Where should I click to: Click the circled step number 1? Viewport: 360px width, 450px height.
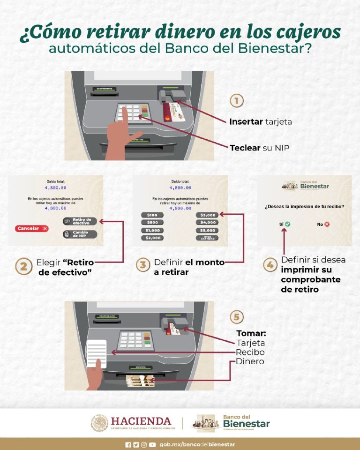237,102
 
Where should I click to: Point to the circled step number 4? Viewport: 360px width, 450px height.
270,265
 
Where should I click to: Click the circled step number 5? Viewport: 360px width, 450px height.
237,317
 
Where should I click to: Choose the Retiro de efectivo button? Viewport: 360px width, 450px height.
80,221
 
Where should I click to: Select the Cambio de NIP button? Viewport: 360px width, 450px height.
80,234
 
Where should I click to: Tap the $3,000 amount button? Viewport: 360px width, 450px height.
207,215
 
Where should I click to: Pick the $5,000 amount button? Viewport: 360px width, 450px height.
207,230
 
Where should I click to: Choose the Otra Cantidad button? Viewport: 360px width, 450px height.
207,238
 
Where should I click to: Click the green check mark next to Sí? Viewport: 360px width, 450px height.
287,225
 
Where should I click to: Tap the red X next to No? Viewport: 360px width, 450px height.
327,225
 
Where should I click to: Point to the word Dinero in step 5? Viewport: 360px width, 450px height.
250,361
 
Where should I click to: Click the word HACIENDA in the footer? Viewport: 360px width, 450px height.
141,420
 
